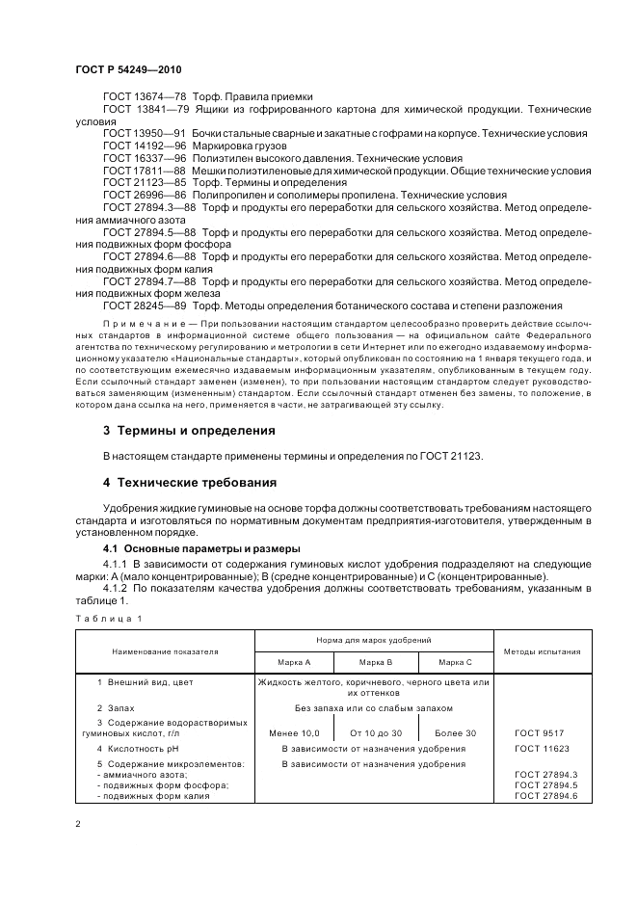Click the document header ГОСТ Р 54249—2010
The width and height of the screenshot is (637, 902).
tap(128, 69)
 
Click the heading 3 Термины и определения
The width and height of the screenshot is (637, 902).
tap(189, 430)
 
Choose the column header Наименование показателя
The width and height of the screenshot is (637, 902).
tap(164, 651)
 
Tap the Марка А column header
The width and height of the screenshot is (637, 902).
tap(294, 662)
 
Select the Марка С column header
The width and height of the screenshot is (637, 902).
tap(455, 662)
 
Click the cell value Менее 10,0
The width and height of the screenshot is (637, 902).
tap(294, 734)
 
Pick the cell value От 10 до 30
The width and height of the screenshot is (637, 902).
tap(375, 734)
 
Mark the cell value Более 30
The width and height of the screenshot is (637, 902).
tap(455, 734)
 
